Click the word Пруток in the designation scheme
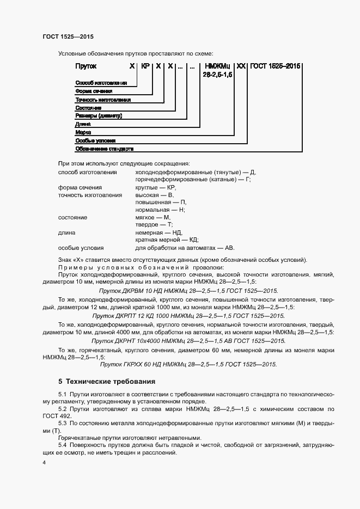click(x=86, y=66)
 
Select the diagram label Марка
click(x=83, y=132)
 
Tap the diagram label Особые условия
click(x=95, y=140)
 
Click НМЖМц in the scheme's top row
click(x=217, y=66)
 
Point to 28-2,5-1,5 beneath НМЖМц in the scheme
click(x=217, y=74)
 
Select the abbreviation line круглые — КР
click(x=156, y=187)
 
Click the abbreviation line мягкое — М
click(x=153, y=217)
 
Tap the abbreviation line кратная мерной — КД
click(x=167, y=239)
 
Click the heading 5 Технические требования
click(x=107, y=382)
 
